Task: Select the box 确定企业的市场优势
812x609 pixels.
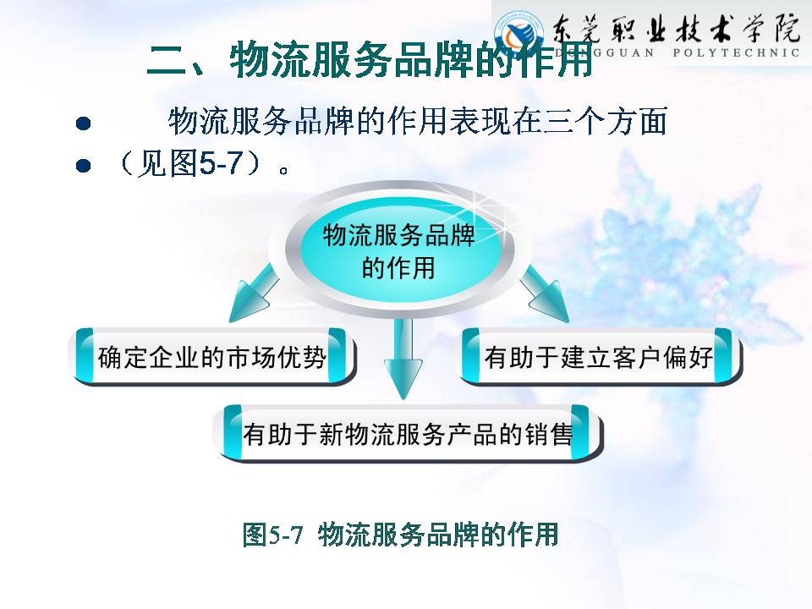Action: click(212, 357)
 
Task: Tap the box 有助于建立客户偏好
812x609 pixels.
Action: click(600, 357)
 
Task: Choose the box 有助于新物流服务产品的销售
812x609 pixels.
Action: click(409, 433)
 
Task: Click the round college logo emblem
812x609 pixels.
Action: click(518, 34)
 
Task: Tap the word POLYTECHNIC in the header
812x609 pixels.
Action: click(736, 52)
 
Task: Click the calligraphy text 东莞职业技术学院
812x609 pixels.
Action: click(677, 27)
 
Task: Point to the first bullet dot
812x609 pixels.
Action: click(83, 123)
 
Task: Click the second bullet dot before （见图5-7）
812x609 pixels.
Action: click(83, 165)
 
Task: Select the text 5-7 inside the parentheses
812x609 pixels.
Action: click(221, 163)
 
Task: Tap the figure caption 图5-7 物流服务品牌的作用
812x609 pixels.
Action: click(400, 535)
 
